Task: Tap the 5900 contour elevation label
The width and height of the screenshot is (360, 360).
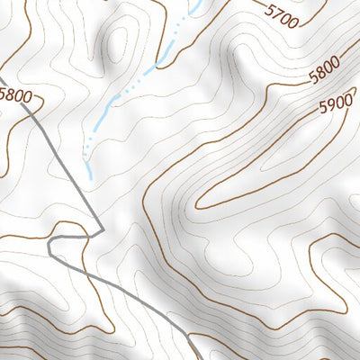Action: coord(335,105)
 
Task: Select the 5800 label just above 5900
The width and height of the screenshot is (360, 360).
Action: coord(323,74)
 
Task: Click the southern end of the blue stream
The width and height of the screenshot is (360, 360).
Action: coord(88,158)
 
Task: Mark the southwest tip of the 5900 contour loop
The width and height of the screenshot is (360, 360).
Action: coord(197,205)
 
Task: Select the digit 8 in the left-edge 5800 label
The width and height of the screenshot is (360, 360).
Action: coord(9,93)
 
